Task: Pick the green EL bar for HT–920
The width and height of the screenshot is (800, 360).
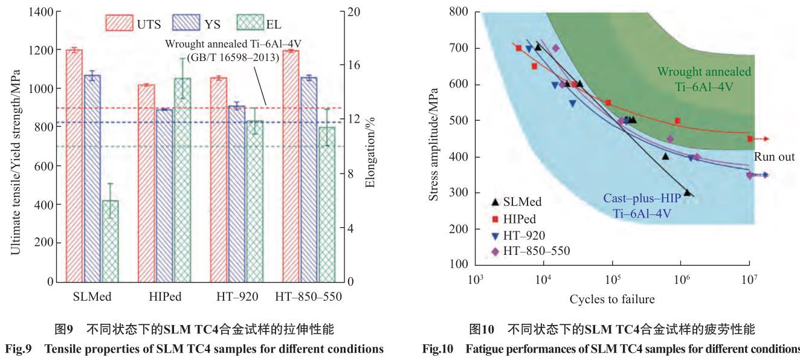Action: point(254,201)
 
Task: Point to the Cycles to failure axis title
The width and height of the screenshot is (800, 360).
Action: point(612,299)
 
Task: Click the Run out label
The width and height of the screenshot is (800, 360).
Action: point(773,156)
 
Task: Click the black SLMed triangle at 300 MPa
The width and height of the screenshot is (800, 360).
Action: point(687,193)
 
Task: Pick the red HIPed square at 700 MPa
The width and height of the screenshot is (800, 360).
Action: point(518,48)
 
